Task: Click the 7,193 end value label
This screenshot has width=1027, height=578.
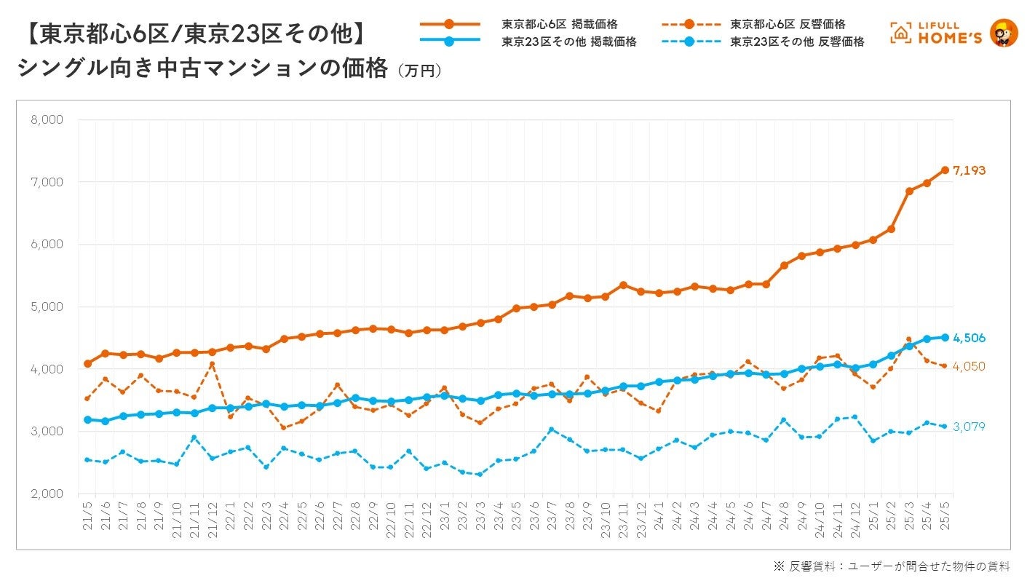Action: [969, 171]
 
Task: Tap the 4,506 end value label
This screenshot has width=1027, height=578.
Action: [969, 338]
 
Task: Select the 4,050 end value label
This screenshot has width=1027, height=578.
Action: [969, 366]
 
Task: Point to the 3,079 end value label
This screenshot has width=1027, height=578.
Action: [969, 427]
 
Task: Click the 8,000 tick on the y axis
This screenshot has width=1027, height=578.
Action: [47, 119]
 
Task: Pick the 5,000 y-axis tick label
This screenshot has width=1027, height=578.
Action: [47, 306]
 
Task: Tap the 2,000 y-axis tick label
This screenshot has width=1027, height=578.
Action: [47, 494]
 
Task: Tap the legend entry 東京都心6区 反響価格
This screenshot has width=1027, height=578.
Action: [788, 25]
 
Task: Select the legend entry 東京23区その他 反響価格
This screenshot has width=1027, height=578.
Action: [797, 42]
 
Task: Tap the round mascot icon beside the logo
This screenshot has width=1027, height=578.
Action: [1004, 33]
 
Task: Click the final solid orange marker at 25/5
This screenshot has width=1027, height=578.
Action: [945, 170]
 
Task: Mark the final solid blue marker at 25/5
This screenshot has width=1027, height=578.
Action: [945, 337]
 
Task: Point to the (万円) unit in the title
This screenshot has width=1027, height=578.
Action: [419, 71]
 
